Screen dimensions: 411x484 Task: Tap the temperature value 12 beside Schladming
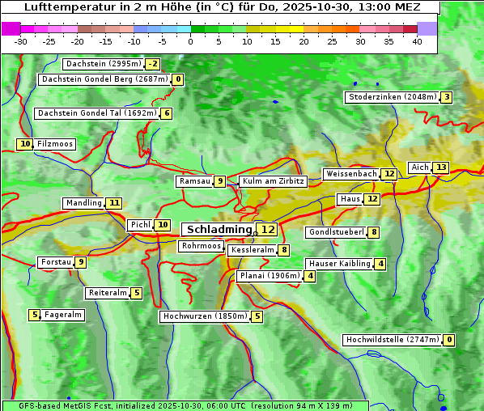[x=268, y=230]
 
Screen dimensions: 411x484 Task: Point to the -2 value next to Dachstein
[x=152, y=64]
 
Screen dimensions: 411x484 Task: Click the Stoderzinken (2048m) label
[x=393, y=97]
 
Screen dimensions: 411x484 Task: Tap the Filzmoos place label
[x=54, y=144]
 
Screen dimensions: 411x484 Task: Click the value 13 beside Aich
[x=440, y=167]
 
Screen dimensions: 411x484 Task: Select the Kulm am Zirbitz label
[x=274, y=181]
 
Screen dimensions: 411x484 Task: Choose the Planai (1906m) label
[x=270, y=276]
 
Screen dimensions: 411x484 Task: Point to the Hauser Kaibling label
[x=339, y=264]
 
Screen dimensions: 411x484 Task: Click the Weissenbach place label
[x=351, y=174]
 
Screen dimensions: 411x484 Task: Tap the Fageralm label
[x=63, y=315]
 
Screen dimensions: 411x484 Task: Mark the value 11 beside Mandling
[x=114, y=203]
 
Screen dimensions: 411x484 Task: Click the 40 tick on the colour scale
[x=417, y=41]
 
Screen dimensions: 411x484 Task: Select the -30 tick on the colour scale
[x=21, y=41]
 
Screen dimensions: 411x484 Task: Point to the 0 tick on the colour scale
[x=191, y=41]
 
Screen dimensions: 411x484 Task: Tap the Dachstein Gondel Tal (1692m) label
[x=97, y=113]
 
